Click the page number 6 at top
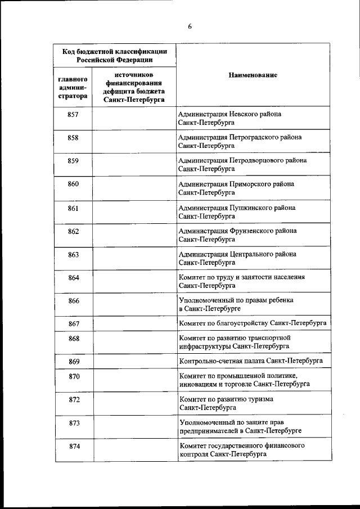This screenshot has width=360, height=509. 190,25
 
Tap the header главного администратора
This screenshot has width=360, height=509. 72,87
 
